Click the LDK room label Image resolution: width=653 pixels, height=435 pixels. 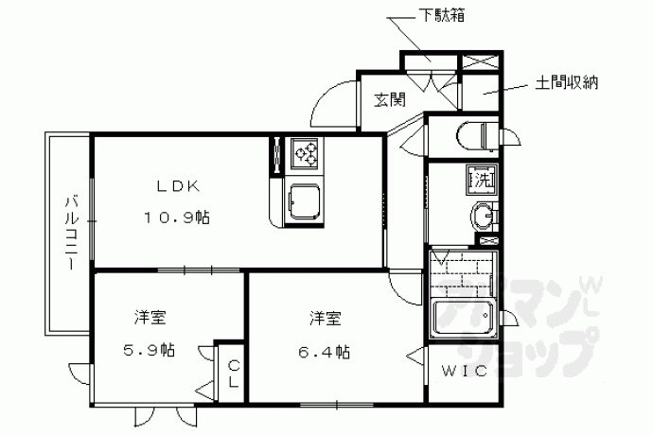(178, 186)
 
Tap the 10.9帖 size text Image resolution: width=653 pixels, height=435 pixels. (177, 217)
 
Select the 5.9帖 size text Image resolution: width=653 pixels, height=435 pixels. (149, 350)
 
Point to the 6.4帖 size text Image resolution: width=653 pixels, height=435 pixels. (324, 352)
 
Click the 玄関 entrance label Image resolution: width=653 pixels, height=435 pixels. (389, 99)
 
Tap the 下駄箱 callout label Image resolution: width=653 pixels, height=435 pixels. (441, 15)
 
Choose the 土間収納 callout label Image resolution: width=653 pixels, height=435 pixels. (566, 82)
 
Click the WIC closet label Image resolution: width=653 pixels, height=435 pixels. (465, 371)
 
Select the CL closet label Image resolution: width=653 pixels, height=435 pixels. (234, 374)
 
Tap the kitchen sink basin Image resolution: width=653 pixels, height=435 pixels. (305, 202)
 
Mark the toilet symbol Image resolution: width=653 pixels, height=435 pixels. (478, 135)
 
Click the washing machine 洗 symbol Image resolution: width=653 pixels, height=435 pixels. (482, 180)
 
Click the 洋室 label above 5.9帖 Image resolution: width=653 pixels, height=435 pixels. (150, 317)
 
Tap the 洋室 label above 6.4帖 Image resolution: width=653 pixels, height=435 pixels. (326, 319)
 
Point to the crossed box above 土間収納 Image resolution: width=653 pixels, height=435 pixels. (481, 61)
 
